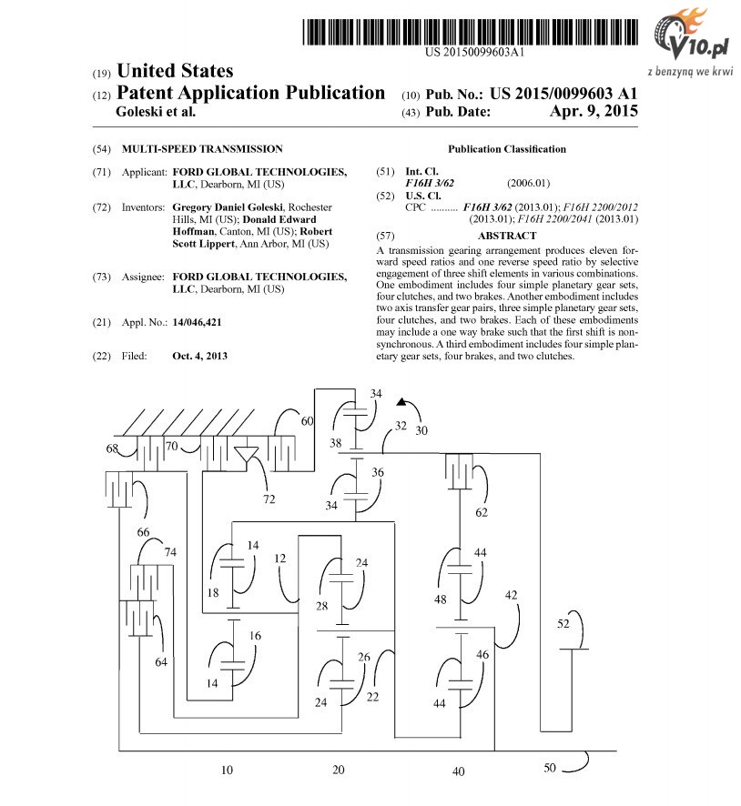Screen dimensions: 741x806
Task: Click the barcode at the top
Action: click(470, 32)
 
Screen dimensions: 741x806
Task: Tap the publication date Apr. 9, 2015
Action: click(594, 111)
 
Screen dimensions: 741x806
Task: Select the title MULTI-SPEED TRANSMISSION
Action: click(202, 149)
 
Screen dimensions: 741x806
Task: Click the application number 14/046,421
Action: click(197, 322)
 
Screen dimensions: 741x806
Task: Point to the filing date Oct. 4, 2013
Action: click(199, 356)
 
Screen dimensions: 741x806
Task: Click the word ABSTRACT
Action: click(506, 236)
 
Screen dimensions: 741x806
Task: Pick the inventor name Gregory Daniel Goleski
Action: click(228, 207)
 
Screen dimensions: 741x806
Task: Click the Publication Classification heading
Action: click(506, 149)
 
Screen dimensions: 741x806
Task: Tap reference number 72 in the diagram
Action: click(269, 499)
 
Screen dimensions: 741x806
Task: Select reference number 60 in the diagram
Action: click(307, 421)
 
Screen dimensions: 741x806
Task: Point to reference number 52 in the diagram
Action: click(563, 623)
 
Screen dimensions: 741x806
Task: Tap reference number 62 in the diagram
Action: click(482, 512)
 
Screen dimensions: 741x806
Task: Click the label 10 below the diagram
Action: click(227, 770)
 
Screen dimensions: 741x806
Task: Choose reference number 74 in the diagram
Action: click(170, 552)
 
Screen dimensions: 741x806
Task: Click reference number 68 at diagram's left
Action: click(112, 448)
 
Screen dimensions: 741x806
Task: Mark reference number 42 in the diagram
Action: click(511, 595)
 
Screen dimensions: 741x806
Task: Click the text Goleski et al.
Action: click(156, 112)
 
